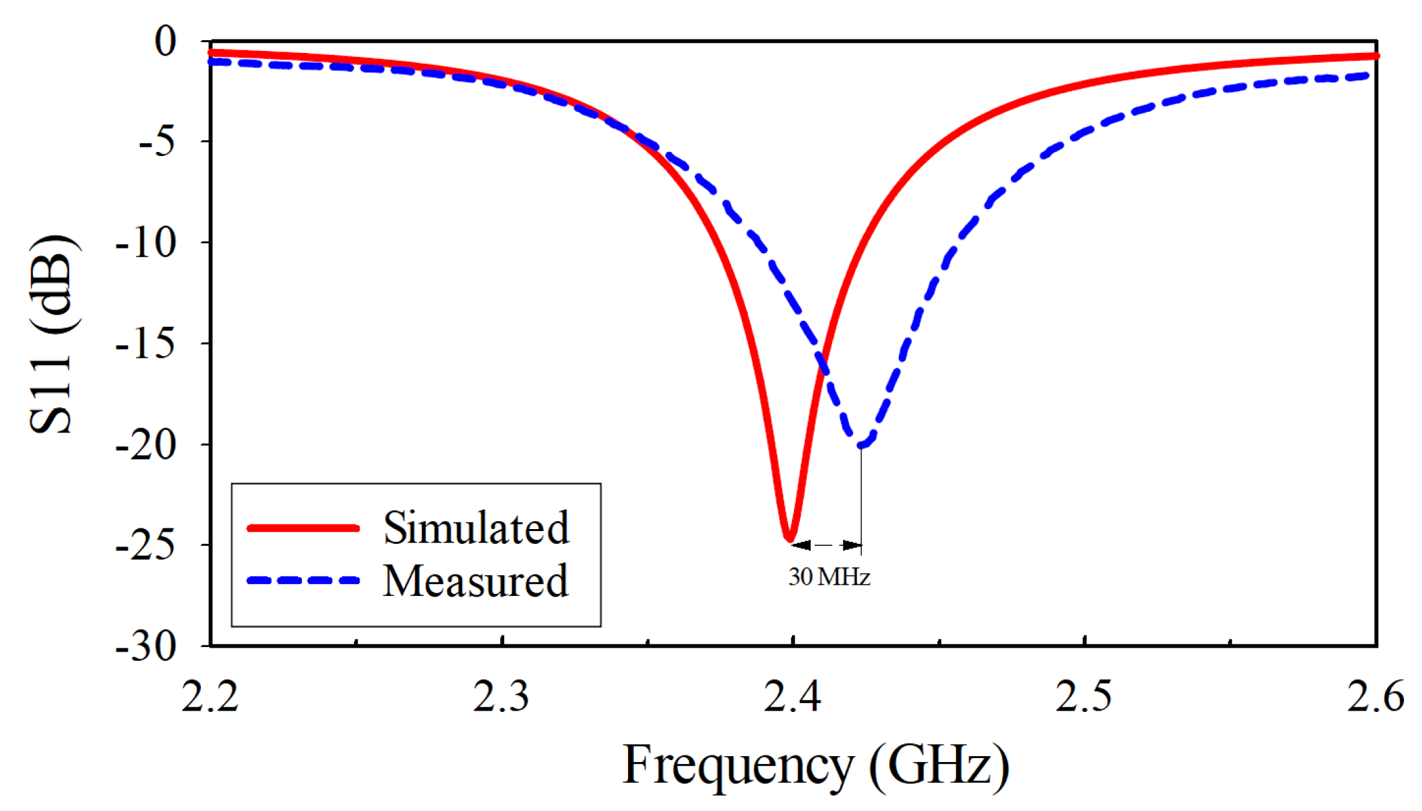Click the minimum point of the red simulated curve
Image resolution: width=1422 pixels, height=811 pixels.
790,538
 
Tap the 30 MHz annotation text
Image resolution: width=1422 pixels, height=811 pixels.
829,577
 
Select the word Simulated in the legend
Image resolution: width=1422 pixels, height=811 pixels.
476,528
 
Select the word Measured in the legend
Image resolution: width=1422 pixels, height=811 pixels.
475,581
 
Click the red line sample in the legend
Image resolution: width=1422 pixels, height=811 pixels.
303,528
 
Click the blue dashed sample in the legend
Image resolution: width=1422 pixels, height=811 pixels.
303,581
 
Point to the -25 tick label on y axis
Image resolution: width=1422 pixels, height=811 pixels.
146,546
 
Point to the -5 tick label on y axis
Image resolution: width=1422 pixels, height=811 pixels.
157,143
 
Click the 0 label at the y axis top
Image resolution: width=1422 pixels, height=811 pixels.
165,42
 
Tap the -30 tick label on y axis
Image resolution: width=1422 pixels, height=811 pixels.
146,648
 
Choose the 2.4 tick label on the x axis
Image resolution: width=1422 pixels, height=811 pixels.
792,696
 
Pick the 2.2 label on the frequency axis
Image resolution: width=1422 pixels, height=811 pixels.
210,696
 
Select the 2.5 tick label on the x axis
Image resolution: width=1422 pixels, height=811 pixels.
1083,696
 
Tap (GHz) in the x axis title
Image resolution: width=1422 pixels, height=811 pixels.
939,765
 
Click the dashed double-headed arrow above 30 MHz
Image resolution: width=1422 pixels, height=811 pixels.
825,545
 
